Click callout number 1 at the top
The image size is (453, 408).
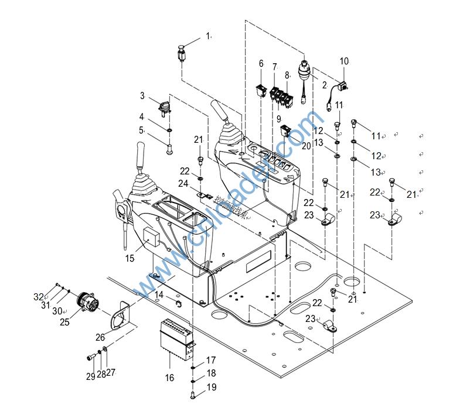207,36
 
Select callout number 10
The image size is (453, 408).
344,61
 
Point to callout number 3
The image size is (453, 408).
142,95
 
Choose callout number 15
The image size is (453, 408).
130,258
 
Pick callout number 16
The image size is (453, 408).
169,378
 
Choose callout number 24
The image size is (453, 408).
184,183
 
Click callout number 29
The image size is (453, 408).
90,376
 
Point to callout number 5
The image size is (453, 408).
142,130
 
